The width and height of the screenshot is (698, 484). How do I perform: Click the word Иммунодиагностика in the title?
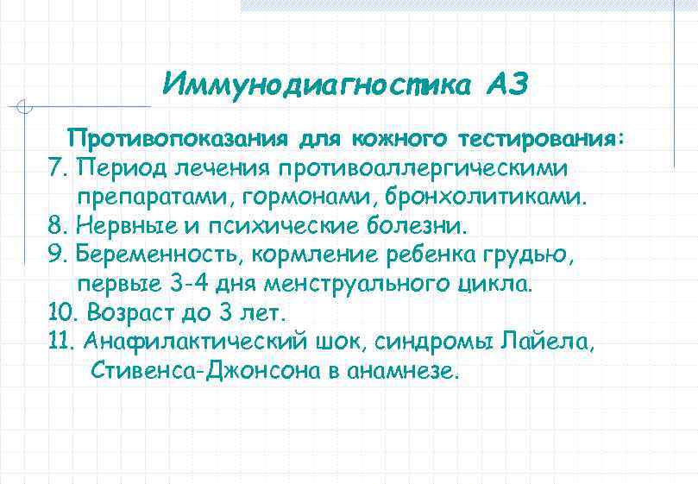coord(317,84)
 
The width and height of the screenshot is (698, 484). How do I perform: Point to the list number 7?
coord(56,167)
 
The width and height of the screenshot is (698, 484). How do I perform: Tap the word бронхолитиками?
coord(488,196)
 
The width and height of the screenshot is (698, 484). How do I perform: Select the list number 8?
coord(57,225)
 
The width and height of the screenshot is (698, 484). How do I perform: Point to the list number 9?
coord(57,255)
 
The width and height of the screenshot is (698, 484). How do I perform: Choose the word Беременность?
coord(157,255)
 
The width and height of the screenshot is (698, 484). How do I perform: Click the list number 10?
coord(61,313)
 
